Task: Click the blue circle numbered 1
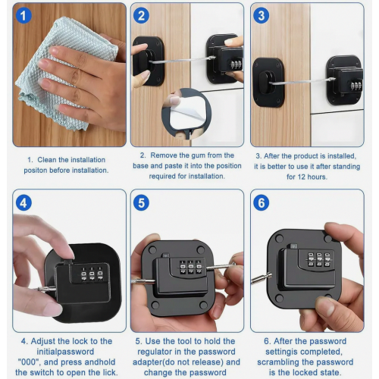[23, 16]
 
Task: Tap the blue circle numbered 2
[141, 16]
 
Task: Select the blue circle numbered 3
[262, 16]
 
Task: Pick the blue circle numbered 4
[23, 203]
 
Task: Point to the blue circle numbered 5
[141, 203]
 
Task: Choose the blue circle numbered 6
[262, 203]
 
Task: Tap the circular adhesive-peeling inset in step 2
[186, 113]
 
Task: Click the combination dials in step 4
[92, 274]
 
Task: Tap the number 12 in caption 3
[301, 177]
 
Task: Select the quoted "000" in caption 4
[29, 362]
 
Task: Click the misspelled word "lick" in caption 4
[110, 372]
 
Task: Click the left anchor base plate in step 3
[268, 83]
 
